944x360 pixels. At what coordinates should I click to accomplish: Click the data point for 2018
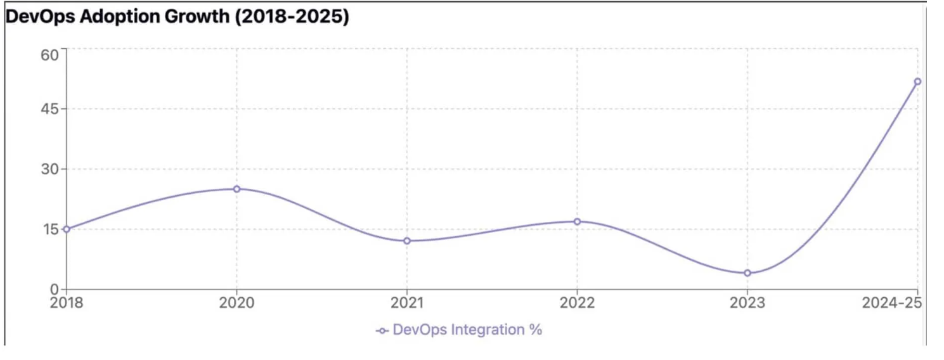coord(66,229)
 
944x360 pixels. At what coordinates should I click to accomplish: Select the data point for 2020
coord(237,189)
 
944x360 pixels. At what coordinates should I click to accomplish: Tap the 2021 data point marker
coord(407,241)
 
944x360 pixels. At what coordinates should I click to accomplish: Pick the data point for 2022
coord(578,222)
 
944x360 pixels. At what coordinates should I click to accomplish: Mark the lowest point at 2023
coord(747,273)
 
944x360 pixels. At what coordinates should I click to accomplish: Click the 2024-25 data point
coord(917,81)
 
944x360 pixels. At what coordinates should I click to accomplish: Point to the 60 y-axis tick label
coord(49,55)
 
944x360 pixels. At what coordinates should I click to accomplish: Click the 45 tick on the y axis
coord(49,109)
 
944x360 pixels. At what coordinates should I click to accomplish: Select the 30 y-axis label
coord(49,169)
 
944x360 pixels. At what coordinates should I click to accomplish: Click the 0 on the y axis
coord(55,290)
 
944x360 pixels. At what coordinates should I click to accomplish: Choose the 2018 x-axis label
coord(67,303)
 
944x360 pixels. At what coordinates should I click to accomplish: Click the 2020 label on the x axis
coord(237,303)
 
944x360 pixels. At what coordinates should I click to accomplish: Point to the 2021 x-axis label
coord(407,303)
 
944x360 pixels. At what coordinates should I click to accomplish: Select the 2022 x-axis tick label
coord(578,303)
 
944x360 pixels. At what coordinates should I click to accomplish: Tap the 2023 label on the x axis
coord(747,303)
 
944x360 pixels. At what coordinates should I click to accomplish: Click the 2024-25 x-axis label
coord(892,303)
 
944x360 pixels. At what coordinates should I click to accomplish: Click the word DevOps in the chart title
coord(41,17)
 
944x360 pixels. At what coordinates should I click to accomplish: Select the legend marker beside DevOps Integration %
coord(382,331)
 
